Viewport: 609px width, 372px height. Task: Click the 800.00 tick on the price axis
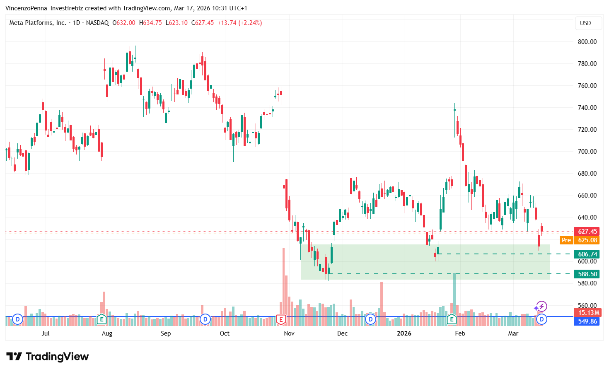[x=587, y=41]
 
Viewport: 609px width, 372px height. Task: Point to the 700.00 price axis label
[x=587, y=152]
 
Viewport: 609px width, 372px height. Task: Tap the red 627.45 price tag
[x=587, y=232]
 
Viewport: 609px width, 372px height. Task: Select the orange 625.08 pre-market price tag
[x=587, y=240]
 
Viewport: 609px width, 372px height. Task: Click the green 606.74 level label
[x=587, y=254]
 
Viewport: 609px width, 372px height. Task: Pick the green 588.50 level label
[x=587, y=274]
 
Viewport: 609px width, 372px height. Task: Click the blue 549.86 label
[x=587, y=321]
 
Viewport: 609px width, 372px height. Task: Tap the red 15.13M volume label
[x=587, y=313]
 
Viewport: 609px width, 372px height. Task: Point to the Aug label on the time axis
[x=107, y=333]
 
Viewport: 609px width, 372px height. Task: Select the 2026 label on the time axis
[x=404, y=333]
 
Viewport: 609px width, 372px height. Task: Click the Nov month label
[x=289, y=333]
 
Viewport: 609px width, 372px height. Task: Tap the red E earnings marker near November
[x=281, y=319]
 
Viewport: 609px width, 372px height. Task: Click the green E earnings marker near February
[x=451, y=319]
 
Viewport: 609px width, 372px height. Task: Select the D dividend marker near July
[x=17, y=319]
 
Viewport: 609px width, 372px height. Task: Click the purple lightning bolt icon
[x=541, y=307]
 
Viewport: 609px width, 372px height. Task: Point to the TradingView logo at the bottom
[x=48, y=357]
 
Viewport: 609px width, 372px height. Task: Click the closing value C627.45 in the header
[x=203, y=23]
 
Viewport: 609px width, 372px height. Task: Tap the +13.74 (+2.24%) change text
[x=239, y=23]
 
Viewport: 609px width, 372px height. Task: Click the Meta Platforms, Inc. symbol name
[x=38, y=23]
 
